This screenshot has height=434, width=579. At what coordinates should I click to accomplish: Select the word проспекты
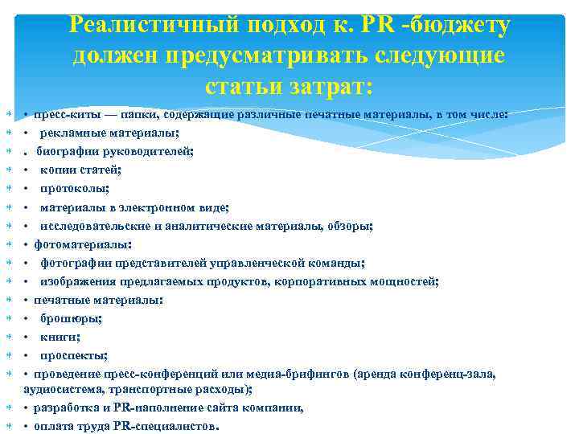pos(73,355)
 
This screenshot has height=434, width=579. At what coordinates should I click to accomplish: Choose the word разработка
pos(65,407)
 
